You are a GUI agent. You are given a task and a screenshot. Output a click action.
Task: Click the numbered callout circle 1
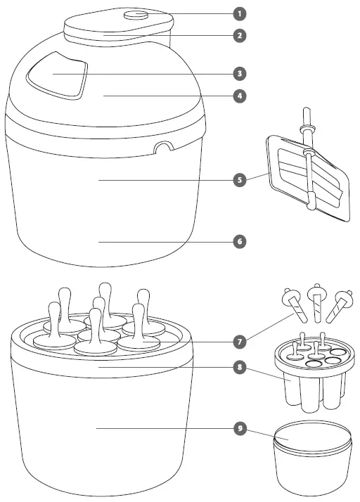(x=240, y=13)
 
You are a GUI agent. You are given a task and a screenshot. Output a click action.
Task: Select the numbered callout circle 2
(x=240, y=34)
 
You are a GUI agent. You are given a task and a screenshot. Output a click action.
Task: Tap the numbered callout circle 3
(x=240, y=73)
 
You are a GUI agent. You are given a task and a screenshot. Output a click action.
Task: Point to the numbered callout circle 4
(x=240, y=96)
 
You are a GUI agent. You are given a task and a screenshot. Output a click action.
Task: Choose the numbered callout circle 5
(x=240, y=180)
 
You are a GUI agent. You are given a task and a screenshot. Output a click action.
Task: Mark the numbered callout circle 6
(x=240, y=241)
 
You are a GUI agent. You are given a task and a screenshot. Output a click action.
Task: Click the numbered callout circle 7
(x=240, y=342)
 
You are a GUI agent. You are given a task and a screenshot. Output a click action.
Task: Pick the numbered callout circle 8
(x=240, y=366)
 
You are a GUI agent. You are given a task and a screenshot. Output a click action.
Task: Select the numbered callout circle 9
(x=240, y=427)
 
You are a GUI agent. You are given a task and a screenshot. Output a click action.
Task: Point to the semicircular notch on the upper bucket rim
(x=164, y=148)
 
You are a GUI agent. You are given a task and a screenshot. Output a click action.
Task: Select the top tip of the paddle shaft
(x=306, y=113)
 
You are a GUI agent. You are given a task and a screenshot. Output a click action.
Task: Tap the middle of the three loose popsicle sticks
(x=316, y=299)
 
